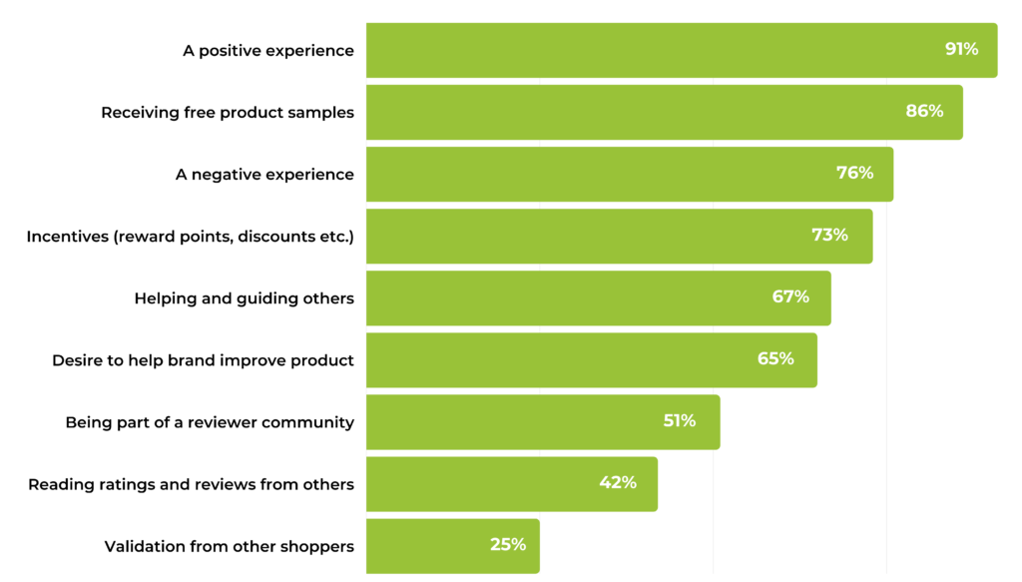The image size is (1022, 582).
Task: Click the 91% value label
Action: (x=962, y=49)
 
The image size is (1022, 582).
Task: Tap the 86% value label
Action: (x=924, y=111)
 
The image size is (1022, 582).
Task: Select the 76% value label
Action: (x=854, y=173)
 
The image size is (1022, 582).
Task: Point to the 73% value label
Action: (x=829, y=235)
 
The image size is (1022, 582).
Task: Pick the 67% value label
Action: (x=790, y=296)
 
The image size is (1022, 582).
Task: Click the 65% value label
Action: (x=775, y=358)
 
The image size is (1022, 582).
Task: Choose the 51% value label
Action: (x=680, y=420)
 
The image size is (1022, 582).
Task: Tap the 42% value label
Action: (x=618, y=482)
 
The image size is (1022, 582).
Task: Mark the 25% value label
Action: (x=508, y=544)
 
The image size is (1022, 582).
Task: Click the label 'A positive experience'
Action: (x=268, y=50)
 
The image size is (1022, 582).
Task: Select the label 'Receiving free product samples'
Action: (x=228, y=112)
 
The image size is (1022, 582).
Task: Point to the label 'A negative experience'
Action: (x=264, y=174)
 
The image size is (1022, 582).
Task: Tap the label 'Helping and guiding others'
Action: (x=245, y=297)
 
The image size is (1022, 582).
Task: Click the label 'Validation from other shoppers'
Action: (x=230, y=546)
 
